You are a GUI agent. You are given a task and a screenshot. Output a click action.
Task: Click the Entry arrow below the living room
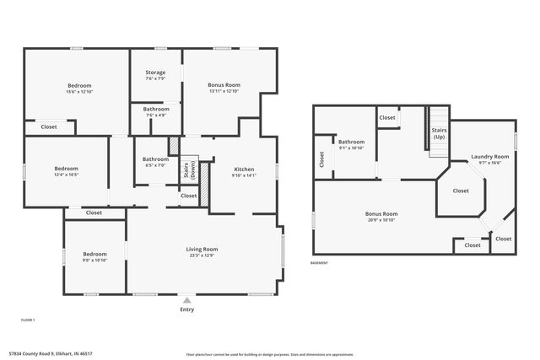pyautogui.click(x=187, y=299)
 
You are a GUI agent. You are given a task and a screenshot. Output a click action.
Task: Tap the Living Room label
pyautogui.click(x=202, y=249)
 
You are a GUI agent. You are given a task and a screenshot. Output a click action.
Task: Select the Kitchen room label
pyautogui.click(x=243, y=169)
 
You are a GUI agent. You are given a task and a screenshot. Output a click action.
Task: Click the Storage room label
pyautogui.click(x=155, y=73)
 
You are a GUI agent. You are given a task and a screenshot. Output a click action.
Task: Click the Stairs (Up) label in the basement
pyautogui.click(x=440, y=133)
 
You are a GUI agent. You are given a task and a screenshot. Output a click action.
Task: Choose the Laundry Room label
pyautogui.click(x=490, y=157)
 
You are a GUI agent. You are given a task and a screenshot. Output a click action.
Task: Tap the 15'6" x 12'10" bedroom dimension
pyautogui.click(x=79, y=91)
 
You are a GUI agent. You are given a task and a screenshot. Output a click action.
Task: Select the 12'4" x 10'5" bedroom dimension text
pyautogui.click(x=66, y=175)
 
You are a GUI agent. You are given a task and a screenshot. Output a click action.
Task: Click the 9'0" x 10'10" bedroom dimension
pyautogui.click(x=94, y=260)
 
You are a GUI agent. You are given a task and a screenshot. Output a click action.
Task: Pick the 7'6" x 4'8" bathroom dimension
pyautogui.click(x=155, y=115)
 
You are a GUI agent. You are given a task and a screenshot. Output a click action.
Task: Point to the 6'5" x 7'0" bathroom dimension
pyautogui.click(x=155, y=164)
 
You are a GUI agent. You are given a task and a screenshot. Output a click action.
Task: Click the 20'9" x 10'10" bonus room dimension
pyautogui.click(x=381, y=219)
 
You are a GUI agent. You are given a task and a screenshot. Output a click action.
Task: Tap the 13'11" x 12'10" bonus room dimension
pyautogui.click(x=224, y=91)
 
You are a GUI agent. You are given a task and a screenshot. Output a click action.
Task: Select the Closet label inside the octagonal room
pyautogui.click(x=461, y=191)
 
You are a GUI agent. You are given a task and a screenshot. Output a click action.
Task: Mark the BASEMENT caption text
pyautogui.click(x=320, y=263)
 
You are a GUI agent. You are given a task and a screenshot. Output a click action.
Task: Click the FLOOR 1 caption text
pyautogui.click(x=28, y=320)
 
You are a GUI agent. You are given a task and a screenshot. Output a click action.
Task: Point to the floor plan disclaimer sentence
pyautogui.click(x=269, y=354)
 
